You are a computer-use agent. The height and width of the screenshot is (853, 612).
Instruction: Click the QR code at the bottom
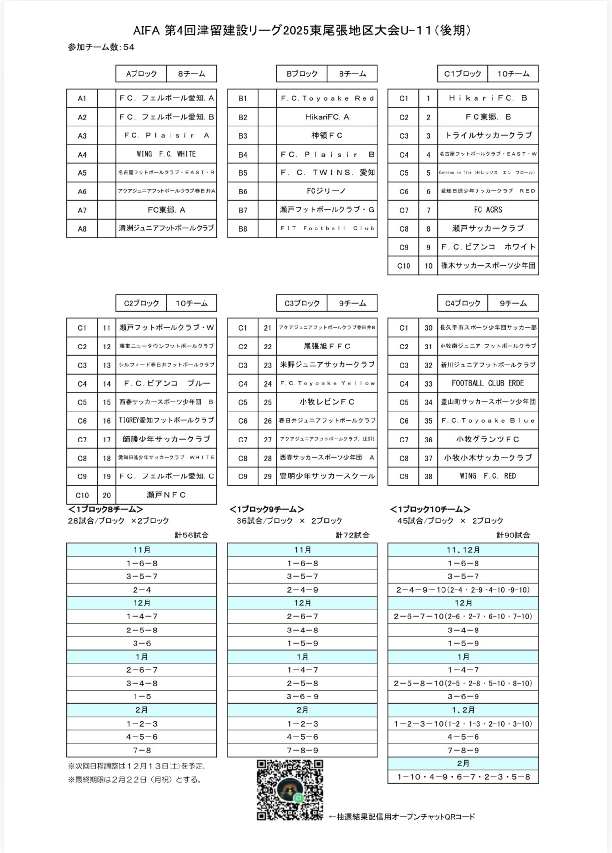click(290, 790)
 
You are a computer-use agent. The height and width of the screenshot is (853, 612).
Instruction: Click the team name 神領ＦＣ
click(327, 135)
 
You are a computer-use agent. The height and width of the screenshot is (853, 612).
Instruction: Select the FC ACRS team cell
click(487, 210)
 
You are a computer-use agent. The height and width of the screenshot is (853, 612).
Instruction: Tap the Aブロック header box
click(141, 74)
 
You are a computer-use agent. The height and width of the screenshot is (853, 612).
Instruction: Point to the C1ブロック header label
click(463, 74)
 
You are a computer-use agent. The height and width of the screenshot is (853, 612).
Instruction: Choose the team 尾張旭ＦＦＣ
click(327, 346)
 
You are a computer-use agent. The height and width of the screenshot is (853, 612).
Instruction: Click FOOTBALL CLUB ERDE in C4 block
click(487, 383)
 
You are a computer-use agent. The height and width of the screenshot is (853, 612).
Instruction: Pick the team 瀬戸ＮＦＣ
click(166, 495)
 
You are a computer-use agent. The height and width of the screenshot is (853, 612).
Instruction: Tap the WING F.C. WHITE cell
click(166, 154)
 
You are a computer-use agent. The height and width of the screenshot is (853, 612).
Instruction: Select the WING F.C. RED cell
click(487, 476)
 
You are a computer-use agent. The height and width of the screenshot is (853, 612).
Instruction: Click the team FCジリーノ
click(327, 191)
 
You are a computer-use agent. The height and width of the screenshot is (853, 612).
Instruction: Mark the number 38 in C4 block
click(428, 476)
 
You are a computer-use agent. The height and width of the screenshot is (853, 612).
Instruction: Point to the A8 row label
click(82, 229)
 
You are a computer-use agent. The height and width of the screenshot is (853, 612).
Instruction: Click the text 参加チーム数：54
click(101, 47)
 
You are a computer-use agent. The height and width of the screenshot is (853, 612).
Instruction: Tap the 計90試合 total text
click(513, 535)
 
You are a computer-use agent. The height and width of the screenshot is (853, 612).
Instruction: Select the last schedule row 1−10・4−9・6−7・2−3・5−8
click(463, 777)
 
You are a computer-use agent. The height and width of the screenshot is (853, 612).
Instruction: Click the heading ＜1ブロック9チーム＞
click(267, 509)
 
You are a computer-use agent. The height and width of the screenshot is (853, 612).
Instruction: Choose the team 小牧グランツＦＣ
click(487, 439)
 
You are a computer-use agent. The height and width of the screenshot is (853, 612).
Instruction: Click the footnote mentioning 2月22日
click(135, 779)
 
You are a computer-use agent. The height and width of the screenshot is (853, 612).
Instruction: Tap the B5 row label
click(242, 173)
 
